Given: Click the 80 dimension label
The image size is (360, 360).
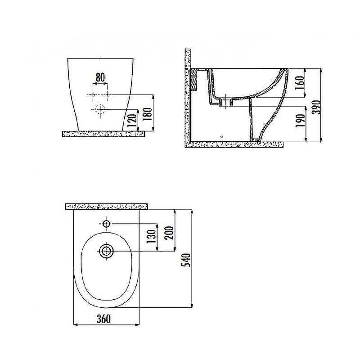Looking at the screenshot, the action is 100,77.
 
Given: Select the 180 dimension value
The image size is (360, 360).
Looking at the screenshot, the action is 148,114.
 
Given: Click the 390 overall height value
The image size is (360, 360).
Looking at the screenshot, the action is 317,107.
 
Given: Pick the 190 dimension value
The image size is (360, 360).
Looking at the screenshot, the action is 301,121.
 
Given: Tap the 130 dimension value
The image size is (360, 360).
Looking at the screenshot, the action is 152,237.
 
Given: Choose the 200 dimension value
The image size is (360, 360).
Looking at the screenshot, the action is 169,233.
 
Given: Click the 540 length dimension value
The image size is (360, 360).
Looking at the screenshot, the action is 186,260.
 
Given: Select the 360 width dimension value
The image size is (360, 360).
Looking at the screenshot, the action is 103,319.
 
